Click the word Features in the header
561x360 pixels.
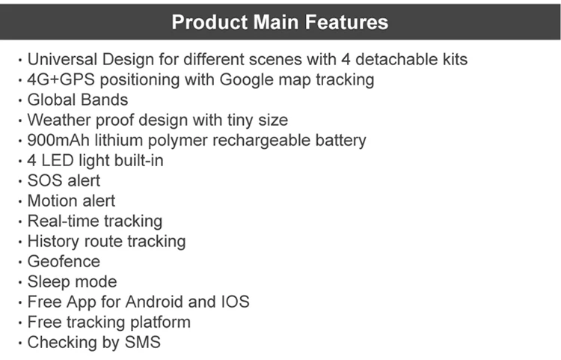tap(346, 22)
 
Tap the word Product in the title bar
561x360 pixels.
tap(209, 22)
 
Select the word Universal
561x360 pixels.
tap(62, 59)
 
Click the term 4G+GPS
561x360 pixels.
tap(61, 79)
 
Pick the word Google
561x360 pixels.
tap(247, 80)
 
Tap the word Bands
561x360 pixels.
tap(102, 100)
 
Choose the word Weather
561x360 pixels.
tap(59, 120)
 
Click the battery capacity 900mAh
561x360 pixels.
tap(58, 140)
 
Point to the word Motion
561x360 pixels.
tap(49, 201)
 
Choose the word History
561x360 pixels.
tap(53, 241)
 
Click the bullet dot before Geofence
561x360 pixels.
tap(20, 262)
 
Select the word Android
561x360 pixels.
tap(154, 302)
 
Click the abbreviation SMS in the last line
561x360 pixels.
tap(142, 342)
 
